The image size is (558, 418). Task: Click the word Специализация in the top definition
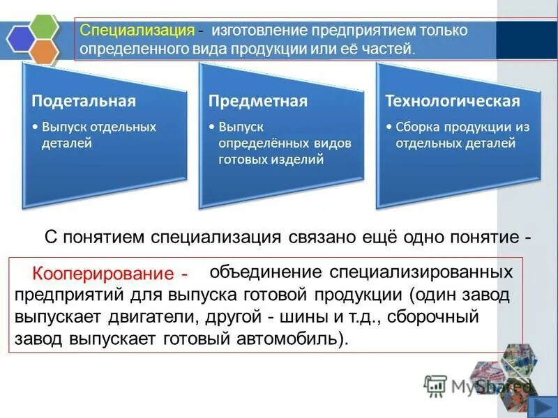[x=137, y=31]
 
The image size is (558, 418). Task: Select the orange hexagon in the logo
[x=45, y=52]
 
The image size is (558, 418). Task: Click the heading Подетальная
[x=83, y=101]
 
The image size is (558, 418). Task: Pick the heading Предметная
[x=258, y=101]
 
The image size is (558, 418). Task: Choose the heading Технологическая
[x=453, y=101]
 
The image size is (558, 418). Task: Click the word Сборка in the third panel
[x=417, y=127]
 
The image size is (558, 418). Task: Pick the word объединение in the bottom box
[x=265, y=271]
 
